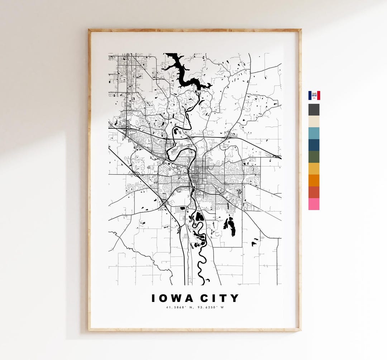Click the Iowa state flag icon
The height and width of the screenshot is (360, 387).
click(x=314, y=95)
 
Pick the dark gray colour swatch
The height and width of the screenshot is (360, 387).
click(x=314, y=110)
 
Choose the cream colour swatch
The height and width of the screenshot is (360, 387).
click(x=314, y=122)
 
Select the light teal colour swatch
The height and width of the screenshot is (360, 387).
click(x=314, y=133)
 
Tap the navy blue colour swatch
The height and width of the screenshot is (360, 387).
click(x=314, y=145)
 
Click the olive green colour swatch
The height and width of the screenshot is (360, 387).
click(x=314, y=157)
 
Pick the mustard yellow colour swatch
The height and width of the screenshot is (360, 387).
click(x=314, y=169)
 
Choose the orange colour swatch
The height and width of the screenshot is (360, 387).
click(x=314, y=181)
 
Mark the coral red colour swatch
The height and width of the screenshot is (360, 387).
click(x=314, y=193)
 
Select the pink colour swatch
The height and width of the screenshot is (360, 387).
click(x=314, y=204)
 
